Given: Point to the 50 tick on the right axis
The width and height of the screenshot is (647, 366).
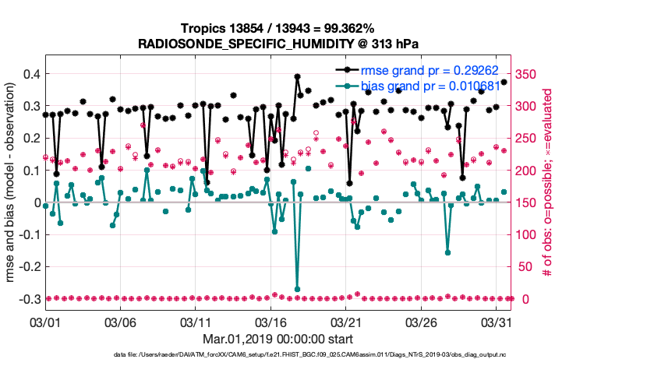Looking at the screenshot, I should [x=524, y=267].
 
